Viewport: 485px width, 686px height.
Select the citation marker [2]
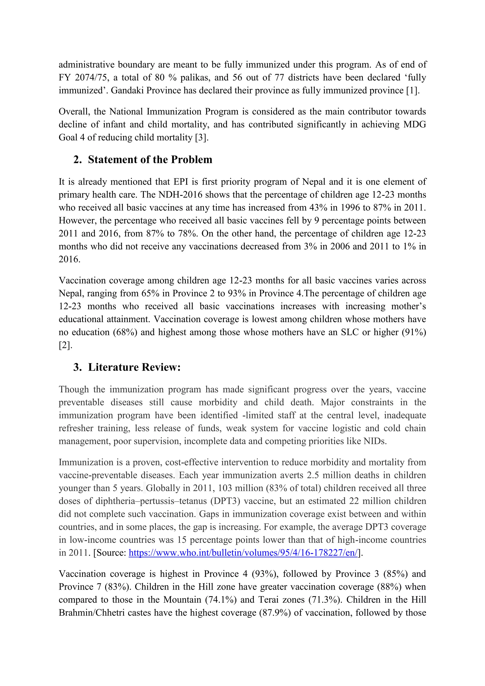[x=65, y=345]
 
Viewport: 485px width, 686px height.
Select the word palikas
[x=194, y=78]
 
